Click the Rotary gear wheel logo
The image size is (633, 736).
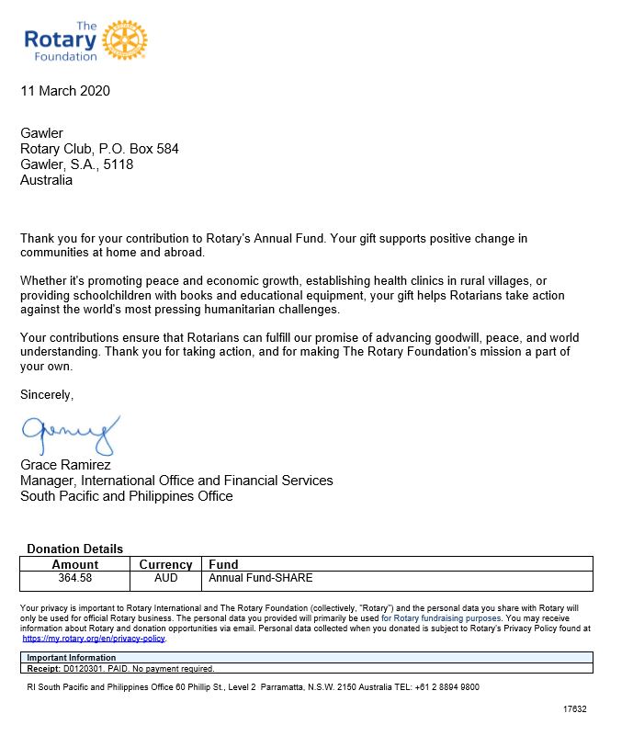(125, 40)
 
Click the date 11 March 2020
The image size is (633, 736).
(65, 91)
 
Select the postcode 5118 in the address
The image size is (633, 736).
(119, 164)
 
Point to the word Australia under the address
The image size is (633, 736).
(46, 180)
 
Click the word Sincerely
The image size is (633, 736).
(47, 395)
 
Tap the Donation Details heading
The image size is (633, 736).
(74, 549)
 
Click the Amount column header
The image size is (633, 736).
(75, 564)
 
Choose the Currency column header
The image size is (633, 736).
(165, 564)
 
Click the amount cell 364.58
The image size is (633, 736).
(75, 579)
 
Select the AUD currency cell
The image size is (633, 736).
(165, 579)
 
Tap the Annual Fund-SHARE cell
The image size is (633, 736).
(261, 579)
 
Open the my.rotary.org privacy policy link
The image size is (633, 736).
(94, 638)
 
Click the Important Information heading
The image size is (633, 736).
(72, 658)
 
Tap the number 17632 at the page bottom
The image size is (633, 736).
(574, 709)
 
